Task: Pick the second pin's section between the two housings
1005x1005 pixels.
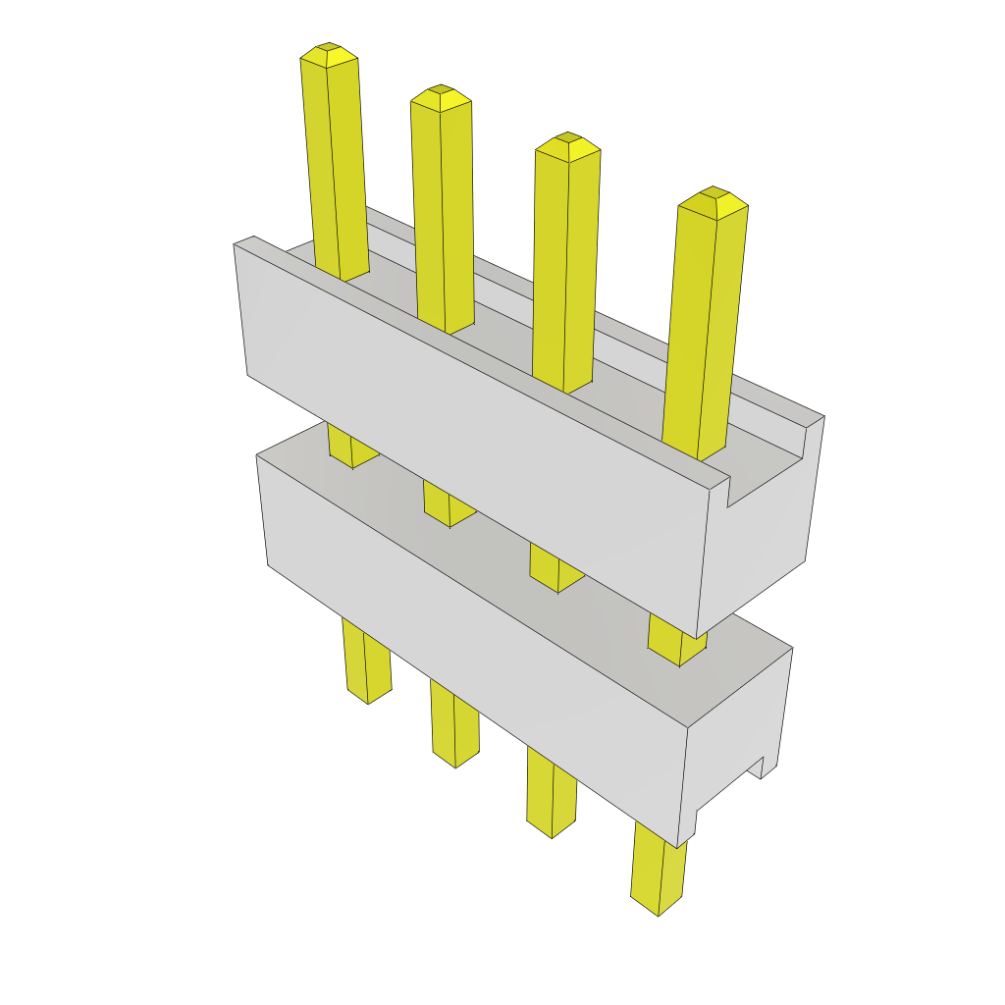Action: [x=448, y=503]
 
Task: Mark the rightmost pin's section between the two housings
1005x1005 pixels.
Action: [x=676, y=641]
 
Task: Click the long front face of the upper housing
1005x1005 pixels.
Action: [x=471, y=432]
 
